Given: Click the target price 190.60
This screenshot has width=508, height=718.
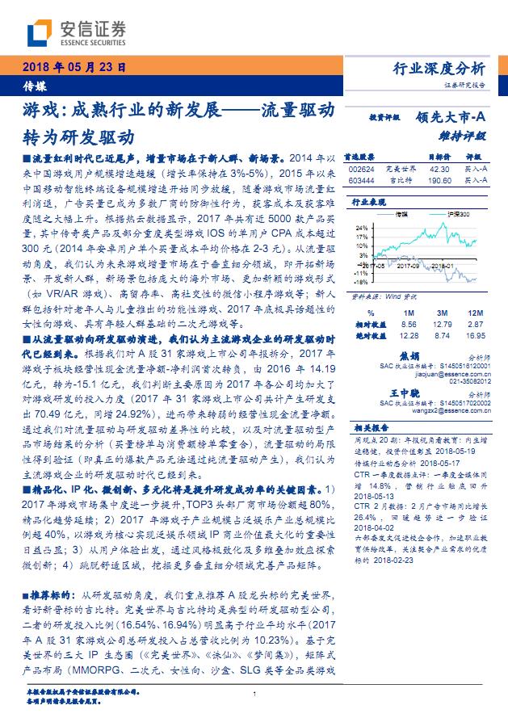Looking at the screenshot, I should (439, 181).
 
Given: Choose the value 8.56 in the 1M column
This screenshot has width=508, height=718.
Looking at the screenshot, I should (407, 323).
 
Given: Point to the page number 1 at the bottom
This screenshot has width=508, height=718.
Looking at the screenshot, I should (254, 694).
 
